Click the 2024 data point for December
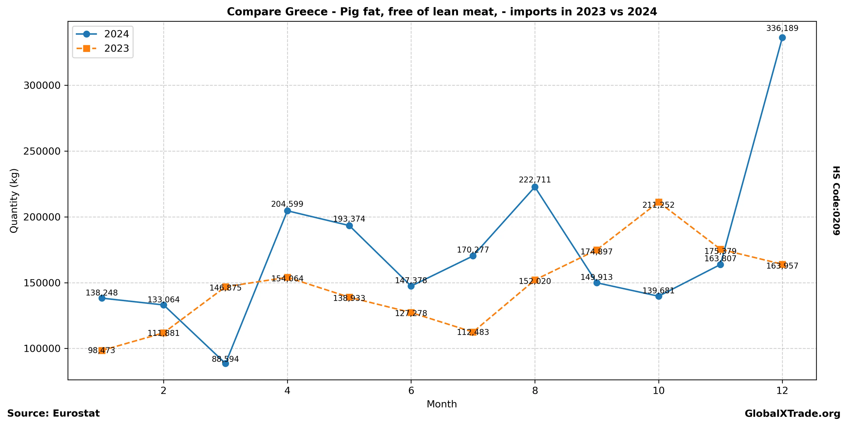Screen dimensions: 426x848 782,38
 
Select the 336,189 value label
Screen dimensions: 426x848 782,29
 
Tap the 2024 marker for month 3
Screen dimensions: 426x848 226,363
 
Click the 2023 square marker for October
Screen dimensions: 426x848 658,202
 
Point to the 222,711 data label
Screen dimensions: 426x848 535,180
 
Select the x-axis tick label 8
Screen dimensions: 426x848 535,391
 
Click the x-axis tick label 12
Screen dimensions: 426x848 782,391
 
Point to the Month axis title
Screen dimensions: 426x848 441,404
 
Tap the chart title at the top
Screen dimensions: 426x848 442,12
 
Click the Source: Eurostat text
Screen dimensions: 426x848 53,413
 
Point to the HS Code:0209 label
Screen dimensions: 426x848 836,200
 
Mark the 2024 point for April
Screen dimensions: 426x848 287,211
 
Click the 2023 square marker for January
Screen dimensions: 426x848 102,350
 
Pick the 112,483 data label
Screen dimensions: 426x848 473,332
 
